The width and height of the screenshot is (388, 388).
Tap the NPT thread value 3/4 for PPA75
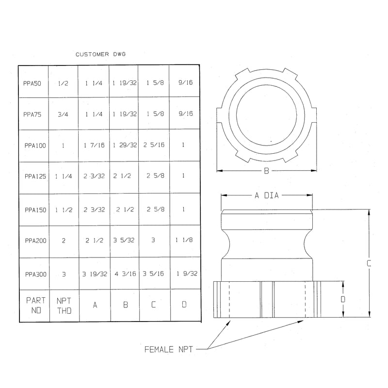click(x=63, y=114)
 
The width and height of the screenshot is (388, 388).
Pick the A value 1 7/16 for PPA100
click(x=94, y=145)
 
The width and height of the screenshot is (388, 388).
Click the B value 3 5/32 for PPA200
click(x=124, y=240)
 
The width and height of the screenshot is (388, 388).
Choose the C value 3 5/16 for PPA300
click(x=153, y=274)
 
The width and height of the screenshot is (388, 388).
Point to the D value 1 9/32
click(x=187, y=274)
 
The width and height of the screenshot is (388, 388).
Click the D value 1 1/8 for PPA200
click(x=184, y=240)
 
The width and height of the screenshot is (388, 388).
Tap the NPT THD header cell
click(x=64, y=306)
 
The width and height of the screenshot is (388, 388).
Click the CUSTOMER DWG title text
click(x=100, y=54)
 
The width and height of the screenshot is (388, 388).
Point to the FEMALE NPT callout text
click(x=168, y=349)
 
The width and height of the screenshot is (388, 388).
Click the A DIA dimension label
click(x=267, y=195)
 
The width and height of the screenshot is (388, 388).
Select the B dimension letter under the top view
click(x=266, y=171)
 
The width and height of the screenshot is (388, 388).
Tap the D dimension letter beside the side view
click(x=343, y=299)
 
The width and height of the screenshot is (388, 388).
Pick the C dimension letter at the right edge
click(x=369, y=263)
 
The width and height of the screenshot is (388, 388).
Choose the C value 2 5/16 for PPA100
click(x=154, y=145)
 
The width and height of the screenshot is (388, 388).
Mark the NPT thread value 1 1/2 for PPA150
click(x=64, y=210)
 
